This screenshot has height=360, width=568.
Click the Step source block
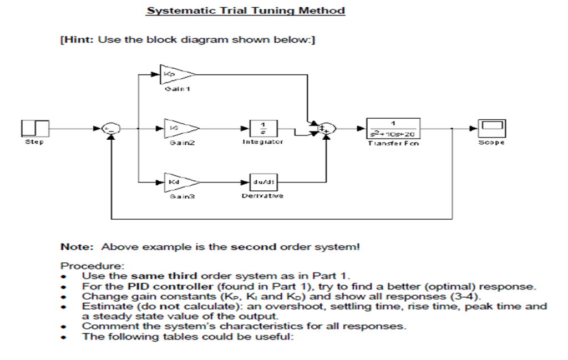(x=35, y=128)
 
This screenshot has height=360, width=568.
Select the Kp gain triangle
(x=175, y=74)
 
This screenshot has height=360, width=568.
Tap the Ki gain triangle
(x=175, y=128)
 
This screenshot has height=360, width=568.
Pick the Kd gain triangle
(x=175, y=182)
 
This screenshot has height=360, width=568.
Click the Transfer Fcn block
(x=393, y=128)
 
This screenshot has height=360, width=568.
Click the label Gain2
(x=175, y=143)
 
